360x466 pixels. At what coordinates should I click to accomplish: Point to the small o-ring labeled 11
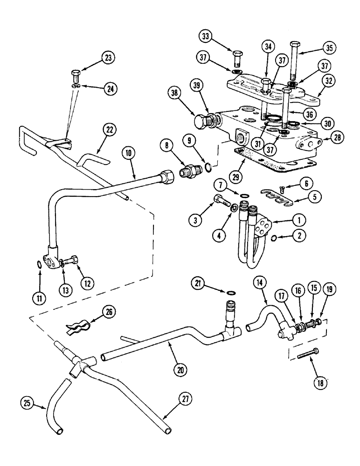pyautogui.click(x=41, y=266)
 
